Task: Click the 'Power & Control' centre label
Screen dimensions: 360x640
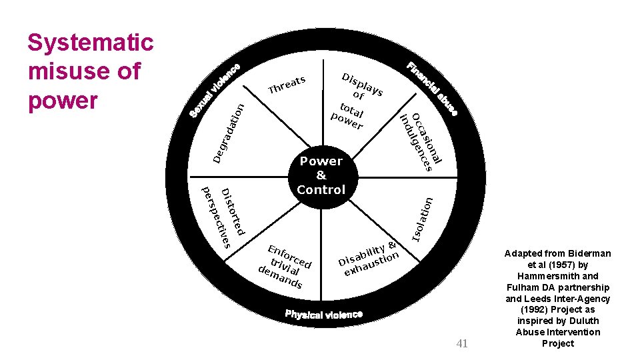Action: (321, 175)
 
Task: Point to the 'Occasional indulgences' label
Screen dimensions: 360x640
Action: (419, 141)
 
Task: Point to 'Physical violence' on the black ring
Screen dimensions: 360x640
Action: (324, 313)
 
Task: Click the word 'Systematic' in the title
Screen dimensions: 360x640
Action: (90, 43)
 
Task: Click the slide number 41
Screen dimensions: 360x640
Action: (462, 343)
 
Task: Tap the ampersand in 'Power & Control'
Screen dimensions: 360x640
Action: (321, 175)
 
